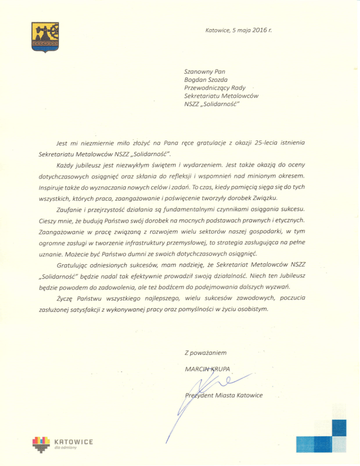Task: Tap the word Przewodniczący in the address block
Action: [207, 88]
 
